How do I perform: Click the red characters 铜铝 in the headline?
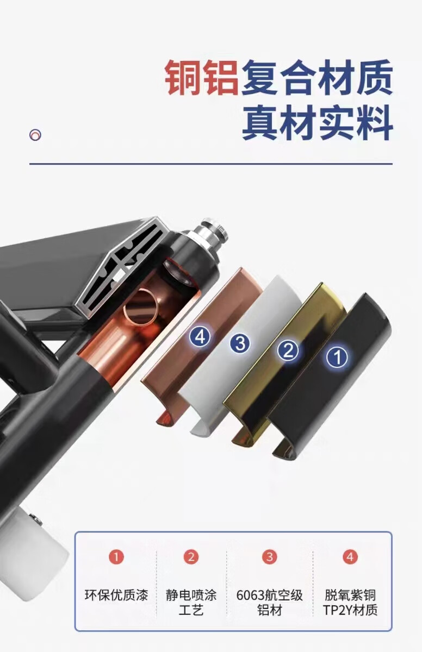pyautogui.click(x=202, y=77)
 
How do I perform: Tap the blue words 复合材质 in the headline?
pyautogui.click(x=317, y=77)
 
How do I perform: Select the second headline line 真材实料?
pyautogui.click(x=318, y=123)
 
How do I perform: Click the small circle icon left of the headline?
pyautogui.click(x=35, y=135)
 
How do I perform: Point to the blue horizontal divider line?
pyautogui.click(x=211, y=164)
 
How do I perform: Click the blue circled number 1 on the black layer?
pyautogui.click(x=337, y=357)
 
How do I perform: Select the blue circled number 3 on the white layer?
pyautogui.click(x=240, y=343)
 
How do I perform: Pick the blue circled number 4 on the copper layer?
pyautogui.click(x=200, y=337)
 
